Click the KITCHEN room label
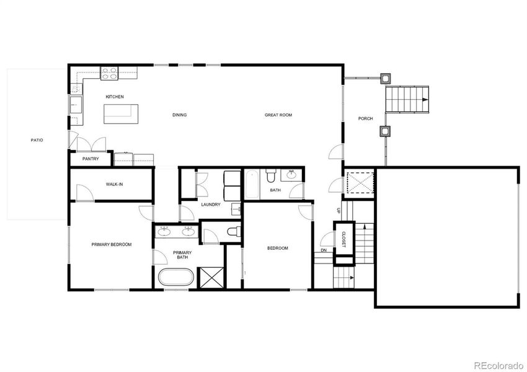(x=115, y=97)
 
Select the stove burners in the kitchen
(x=110, y=73)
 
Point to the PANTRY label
(x=91, y=159)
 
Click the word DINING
(x=179, y=115)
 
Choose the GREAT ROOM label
(x=278, y=115)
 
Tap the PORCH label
(x=366, y=118)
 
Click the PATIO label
(x=37, y=140)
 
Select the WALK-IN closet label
(x=114, y=184)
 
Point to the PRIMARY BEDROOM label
(x=112, y=245)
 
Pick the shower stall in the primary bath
(x=211, y=277)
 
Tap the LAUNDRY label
(x=211, y=205)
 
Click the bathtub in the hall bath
(x=252, y=184)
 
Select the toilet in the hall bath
(x=270, y=177)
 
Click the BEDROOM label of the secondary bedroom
(x=277, y=248)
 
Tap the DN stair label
(x=324, y=250)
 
